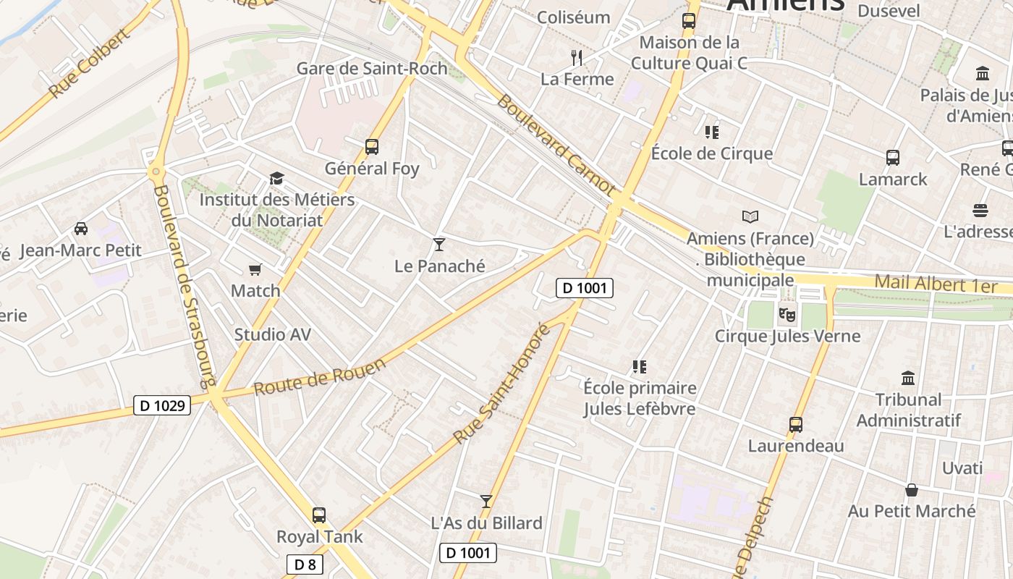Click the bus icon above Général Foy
click(x=372, y=147)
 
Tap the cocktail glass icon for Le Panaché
click(x=439, y=244)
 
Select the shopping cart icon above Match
click(x=255, y=269)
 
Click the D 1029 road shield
click(x=162, y=405)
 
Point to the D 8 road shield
click(x=305, y=565)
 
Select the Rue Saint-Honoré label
click(x=501, y=384)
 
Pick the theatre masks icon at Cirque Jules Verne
click(x=787, y=314)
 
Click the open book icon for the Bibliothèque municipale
click(x=750, y=216)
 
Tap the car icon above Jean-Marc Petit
click(x=81, y=229)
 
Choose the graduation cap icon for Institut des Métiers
click(x=276, y=178)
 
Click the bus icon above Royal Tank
click(x=319, y=515)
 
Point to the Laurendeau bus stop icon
click(x=796, y=424)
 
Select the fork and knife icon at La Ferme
click(x=577, y=57)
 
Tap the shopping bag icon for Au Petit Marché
click(x=912, y=490)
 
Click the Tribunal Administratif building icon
click(x=908, y=378)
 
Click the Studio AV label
click(x=272, y=334)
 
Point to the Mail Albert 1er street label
click(x=936, y=284)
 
